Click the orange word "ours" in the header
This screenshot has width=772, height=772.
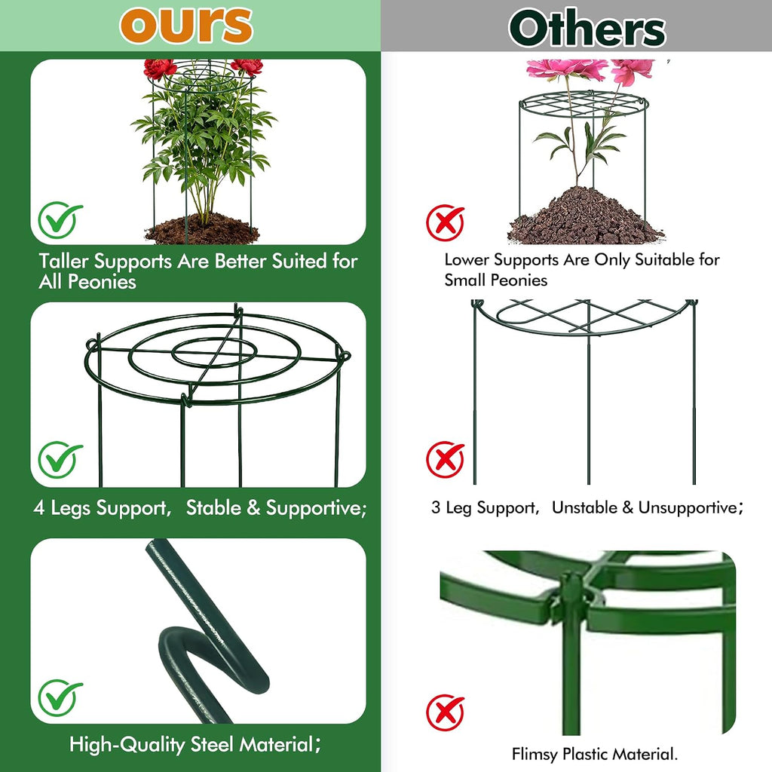pyautogui.click(x=186, y=25)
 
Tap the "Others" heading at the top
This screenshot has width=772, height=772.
pyautogui.click(x=587, y=28)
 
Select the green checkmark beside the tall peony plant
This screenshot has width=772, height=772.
pyautogui.click(x=60, y=219)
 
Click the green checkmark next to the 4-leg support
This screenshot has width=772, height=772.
pyautogui.click(x=60, y=459)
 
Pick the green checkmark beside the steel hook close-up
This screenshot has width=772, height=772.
pyautogui.click(x=60, y=697)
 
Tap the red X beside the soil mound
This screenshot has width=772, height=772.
pyautogui.click(x=445, y=222)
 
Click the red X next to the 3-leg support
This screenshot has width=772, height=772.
pyautogui.click(x=445, y=460)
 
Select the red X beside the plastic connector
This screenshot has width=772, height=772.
pyautogui.click(x=445, y=712)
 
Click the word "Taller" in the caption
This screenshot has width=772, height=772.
pyautogui.click(x=64, y=261)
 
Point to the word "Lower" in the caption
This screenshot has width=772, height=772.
pyautogui.click(x=467, y=259)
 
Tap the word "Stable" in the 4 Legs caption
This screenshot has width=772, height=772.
pyautogui.click(x=213, y=507)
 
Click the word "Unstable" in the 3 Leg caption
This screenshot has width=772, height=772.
pyautogui.click(x=584, y=507)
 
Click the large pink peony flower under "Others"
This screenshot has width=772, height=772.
pyautogui.click(x=567, y=69)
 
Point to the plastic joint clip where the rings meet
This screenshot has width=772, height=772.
pyautogui.click(x=571, y=597)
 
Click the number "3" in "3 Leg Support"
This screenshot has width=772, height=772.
pyautogui.click(x=436, y=507)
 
